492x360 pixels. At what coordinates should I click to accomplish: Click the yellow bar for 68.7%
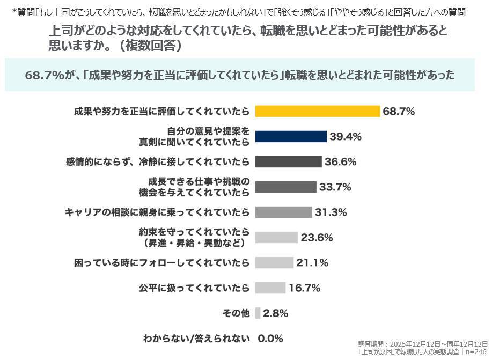coord(318,111)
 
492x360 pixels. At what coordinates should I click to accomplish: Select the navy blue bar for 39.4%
coord(291,136)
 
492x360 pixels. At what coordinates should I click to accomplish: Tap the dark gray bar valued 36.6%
coord(288,161)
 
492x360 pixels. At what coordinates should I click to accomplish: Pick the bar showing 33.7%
coord(285,187)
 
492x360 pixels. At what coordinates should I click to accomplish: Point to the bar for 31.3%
coord(283,212)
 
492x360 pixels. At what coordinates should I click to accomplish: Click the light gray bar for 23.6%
coord(276,237)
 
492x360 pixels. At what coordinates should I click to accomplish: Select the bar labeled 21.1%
coord(274,262)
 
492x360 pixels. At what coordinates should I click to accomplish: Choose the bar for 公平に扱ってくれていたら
coord(270,288)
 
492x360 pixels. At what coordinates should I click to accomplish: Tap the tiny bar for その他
coord(258,313)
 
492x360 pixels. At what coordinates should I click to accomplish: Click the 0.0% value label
coord(270,339)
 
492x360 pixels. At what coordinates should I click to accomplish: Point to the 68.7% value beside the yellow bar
coord(399,111)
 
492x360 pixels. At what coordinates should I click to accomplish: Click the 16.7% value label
coord(304,288)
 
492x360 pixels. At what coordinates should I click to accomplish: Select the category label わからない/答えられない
coord(196,339)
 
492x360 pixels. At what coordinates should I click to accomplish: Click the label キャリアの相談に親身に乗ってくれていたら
coord(157,212)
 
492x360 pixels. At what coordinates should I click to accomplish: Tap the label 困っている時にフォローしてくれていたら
coord(161,262)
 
